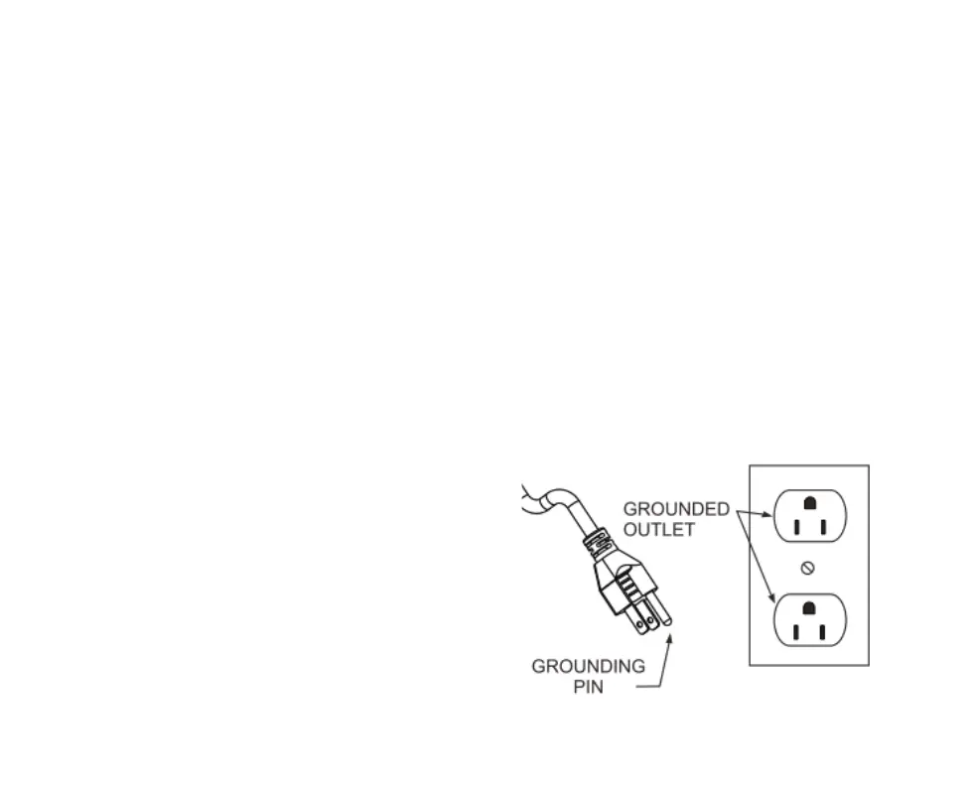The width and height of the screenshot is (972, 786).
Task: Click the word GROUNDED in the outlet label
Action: click(x=676, y=509)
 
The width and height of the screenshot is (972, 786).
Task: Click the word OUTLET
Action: click(x=659, y=530)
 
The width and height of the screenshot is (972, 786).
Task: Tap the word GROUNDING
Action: click(x=588, y=666)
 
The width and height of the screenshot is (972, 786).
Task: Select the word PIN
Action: click(x=588, y=687)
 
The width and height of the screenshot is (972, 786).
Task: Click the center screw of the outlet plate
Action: click(x=808, y=568)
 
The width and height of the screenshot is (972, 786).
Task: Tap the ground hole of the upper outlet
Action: click(x=809, y=503)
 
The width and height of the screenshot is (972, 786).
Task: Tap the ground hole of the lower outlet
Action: click(x=809, y=607)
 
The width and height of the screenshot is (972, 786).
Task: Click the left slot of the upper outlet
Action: click(x=796, y=526)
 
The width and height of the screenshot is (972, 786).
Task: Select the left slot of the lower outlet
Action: click(x=796, y=631)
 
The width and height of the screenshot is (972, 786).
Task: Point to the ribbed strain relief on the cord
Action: click(x=598, y=541)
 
